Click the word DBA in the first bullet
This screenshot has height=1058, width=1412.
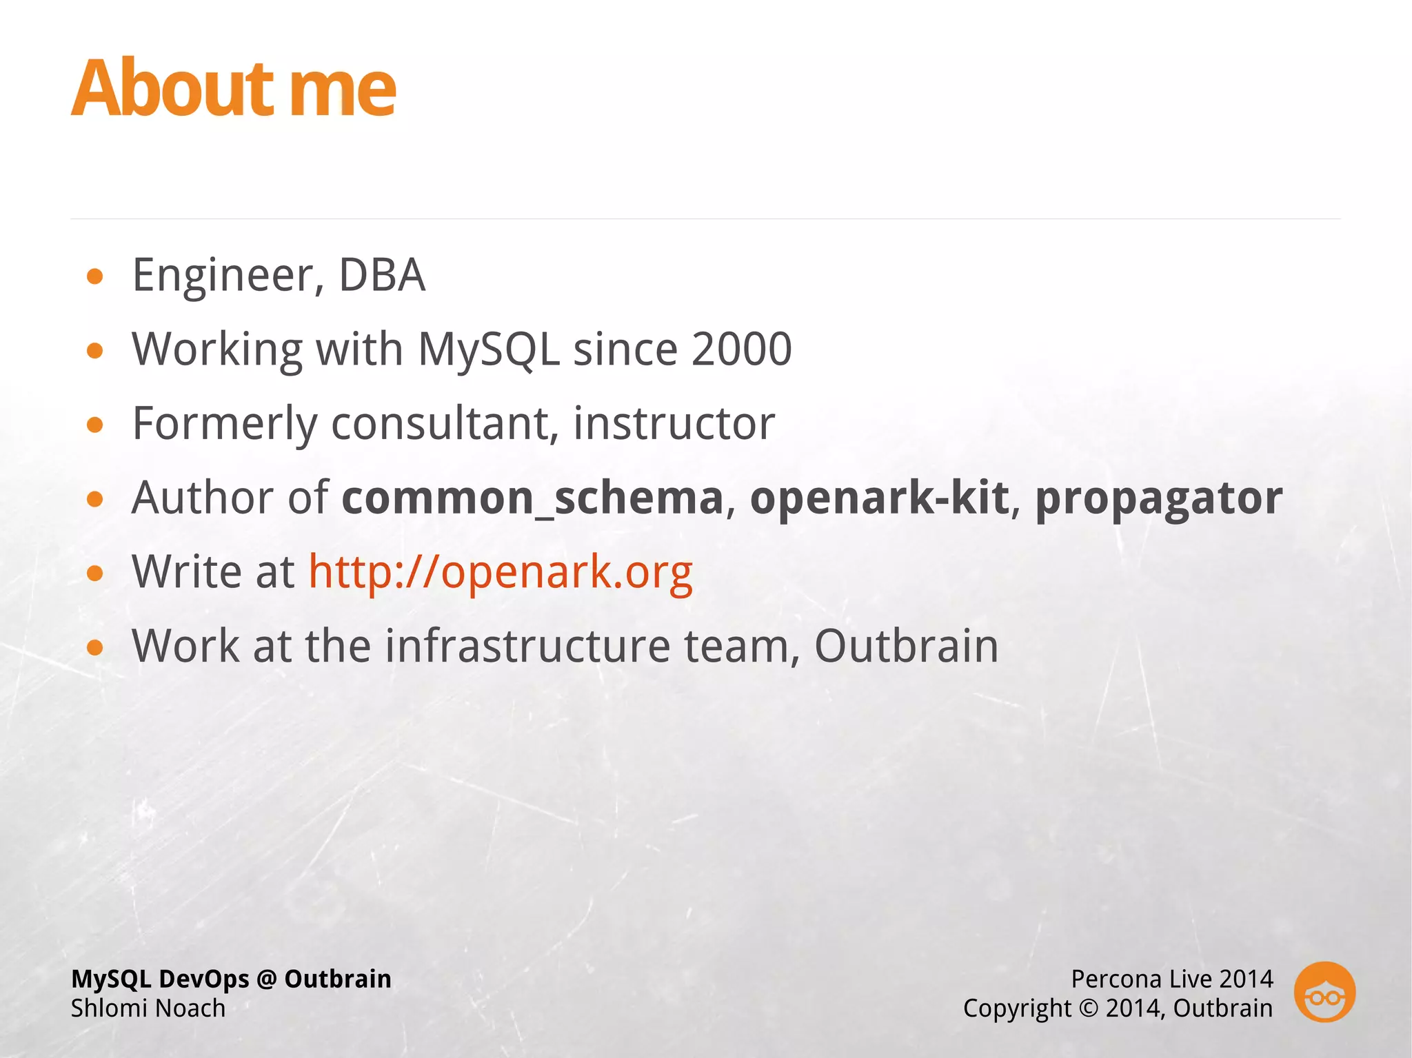coord(382,276)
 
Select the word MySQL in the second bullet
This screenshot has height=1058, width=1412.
coord(488,349)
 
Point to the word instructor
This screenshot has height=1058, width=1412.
coord(674,423)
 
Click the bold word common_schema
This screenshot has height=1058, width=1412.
coord(532,498)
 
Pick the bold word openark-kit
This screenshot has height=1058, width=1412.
coord(879,498)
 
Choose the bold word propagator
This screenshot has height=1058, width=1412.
coord(1158,498)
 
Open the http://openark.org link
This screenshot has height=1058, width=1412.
coord(500,572)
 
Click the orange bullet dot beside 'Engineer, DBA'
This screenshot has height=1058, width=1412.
coord(95,277)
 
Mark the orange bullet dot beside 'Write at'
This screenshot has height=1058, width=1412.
coord(95,573)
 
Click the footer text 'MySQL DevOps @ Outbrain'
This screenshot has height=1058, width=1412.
coord(231,979)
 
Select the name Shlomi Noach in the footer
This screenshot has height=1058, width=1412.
coord(148,1008)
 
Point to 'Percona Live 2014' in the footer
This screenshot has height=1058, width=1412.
coord(1171,979)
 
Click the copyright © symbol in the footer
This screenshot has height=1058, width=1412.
coord(1087,1008)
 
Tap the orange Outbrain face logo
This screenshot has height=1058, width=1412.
coord(1324,993)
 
